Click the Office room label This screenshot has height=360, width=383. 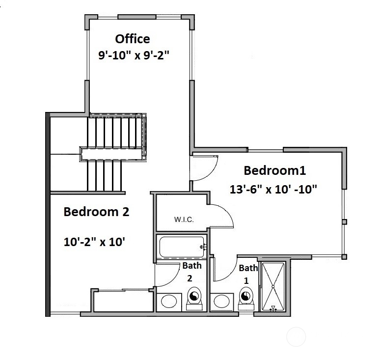(132, 38)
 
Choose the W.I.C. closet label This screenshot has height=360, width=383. (184, 220)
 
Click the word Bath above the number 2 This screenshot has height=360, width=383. (191, 266)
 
